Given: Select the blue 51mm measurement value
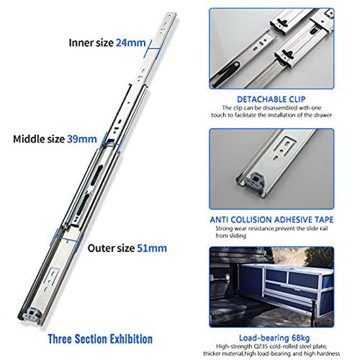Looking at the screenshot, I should pos(153,248).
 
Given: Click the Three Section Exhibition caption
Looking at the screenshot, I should pos(100,339).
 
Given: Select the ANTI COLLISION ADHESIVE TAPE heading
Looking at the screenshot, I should pos(272,219).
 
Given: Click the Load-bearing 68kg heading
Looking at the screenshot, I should pos(272,335).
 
